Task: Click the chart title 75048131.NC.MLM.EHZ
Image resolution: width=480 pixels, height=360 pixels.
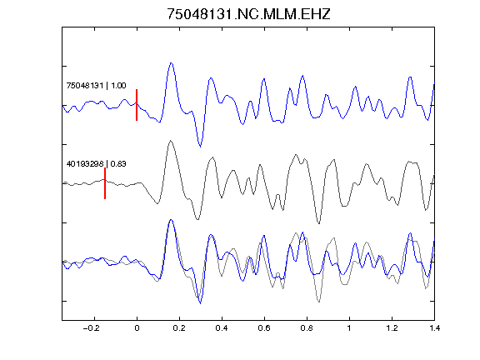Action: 248,14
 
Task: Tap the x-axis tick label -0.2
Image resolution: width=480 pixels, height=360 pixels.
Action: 92,328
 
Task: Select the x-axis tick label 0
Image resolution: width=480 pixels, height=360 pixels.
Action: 137,328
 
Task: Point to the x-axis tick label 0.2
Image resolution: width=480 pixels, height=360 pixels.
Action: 179,328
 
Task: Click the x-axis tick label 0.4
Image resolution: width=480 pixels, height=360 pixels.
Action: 222,328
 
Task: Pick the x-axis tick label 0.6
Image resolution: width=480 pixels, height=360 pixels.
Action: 264,328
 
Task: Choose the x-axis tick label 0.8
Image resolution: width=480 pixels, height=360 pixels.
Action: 307,328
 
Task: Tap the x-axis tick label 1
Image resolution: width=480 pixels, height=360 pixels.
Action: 349,328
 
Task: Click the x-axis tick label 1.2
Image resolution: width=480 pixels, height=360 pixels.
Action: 392,328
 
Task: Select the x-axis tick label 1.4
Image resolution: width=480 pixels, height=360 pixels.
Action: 434,328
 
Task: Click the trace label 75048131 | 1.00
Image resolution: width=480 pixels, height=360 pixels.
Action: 96,85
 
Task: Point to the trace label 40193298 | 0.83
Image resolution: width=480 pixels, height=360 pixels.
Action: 96,164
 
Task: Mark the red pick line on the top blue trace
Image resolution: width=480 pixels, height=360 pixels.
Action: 137,105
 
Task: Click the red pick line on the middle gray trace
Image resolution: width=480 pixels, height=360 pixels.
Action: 105,183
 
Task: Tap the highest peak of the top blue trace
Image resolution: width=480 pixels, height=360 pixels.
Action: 171,63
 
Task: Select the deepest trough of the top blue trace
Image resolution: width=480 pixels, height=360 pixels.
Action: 200,147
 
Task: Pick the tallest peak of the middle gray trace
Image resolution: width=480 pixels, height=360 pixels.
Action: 171,141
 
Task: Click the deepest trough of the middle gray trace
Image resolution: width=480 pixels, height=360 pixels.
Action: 319,223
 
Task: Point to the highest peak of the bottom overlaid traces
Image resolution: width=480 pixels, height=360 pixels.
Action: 171,220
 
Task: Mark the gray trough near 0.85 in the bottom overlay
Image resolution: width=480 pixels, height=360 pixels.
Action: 319,302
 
